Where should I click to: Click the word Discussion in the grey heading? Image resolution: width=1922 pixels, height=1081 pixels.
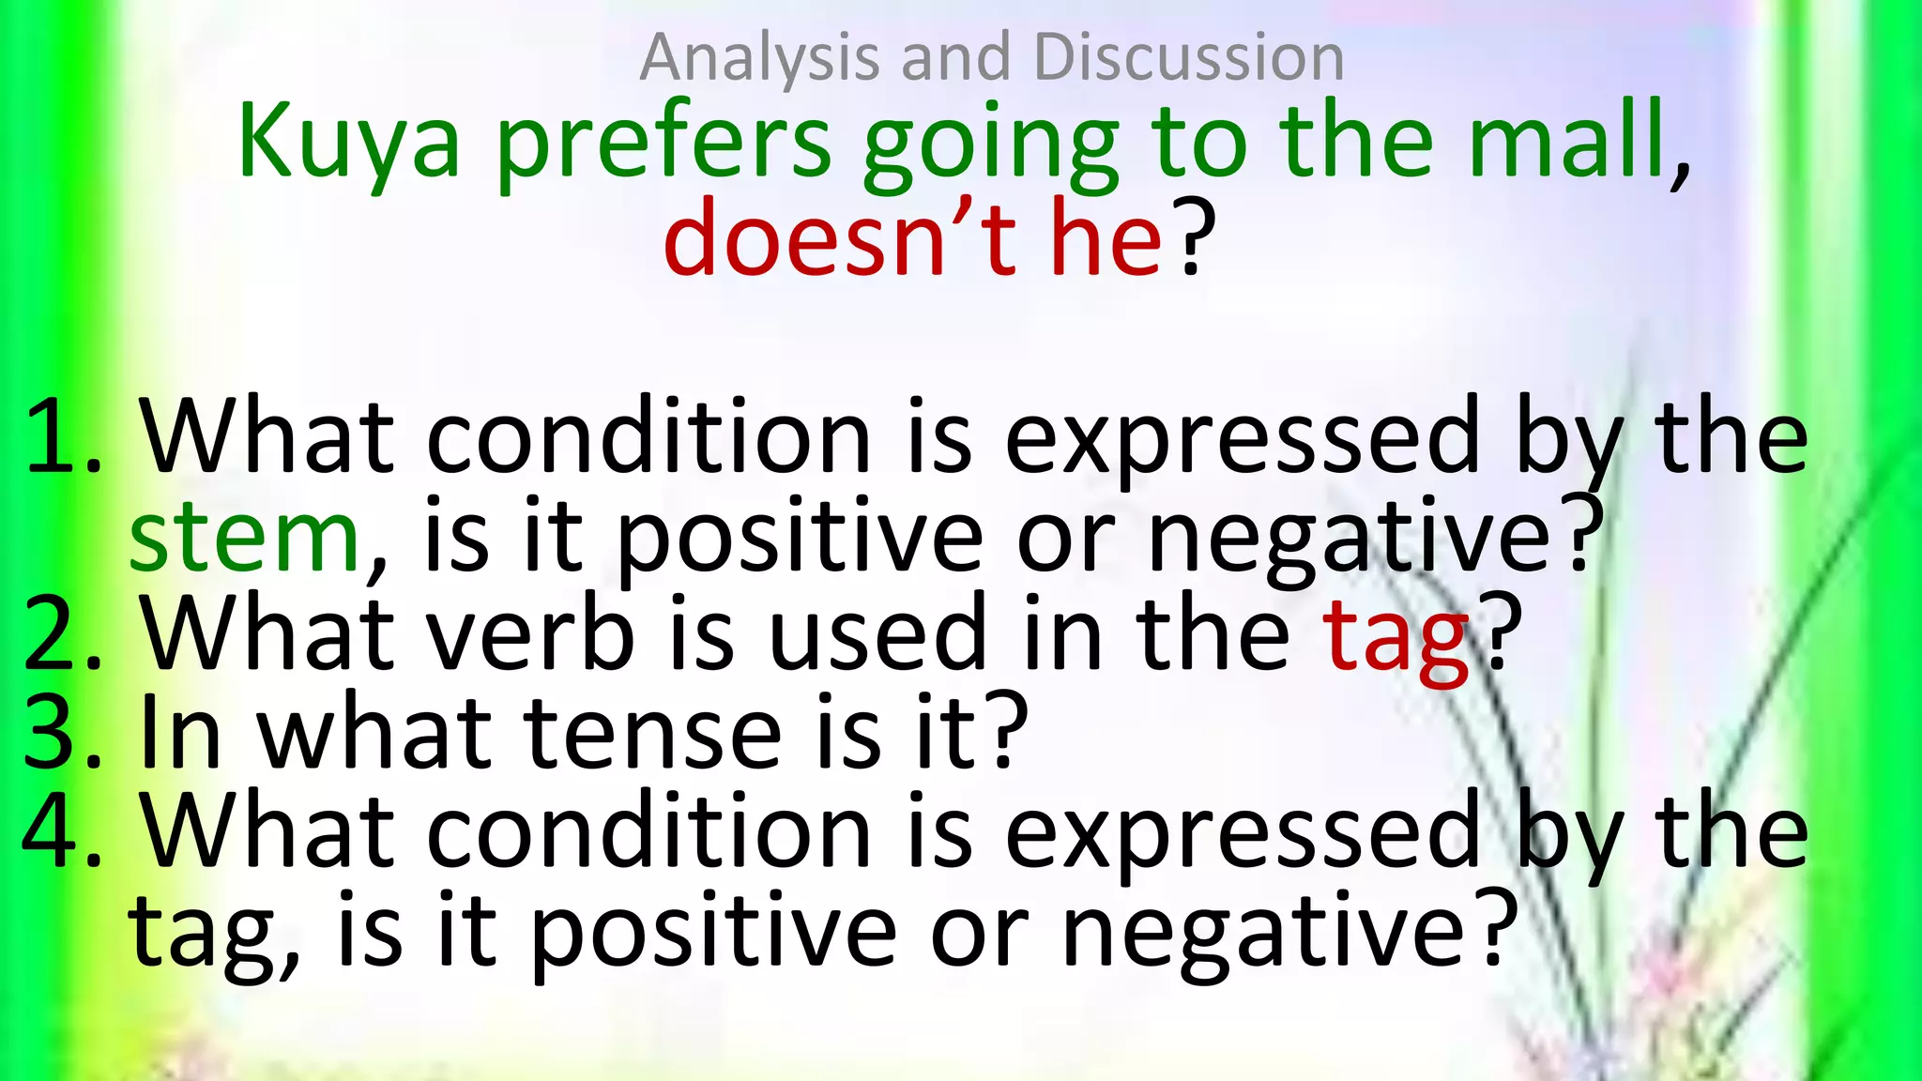[1189, 58]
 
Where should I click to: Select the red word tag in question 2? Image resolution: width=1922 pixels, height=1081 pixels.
[1396, 638]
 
